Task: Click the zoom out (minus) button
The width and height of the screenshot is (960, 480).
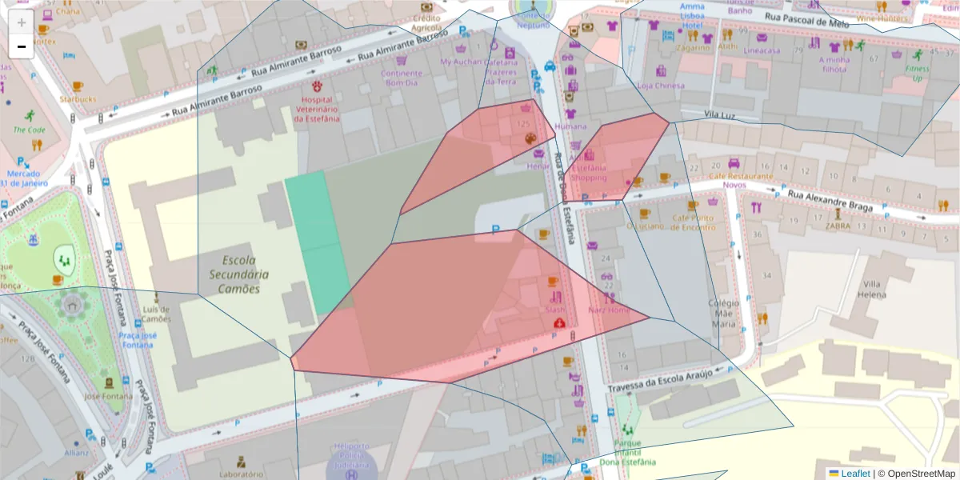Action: pyautogui.click(x=22, y=46)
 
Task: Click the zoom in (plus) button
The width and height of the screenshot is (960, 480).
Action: pyautogui.click(x=22, y=22)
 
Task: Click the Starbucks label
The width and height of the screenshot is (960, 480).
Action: pyautogui.click(x=78, y=99)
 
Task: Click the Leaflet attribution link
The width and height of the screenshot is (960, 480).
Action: pyautogui.click(x=854, y=473)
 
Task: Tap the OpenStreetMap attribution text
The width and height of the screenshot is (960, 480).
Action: pyautogui.click(x=916, y=473)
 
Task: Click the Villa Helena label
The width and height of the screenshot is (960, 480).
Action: pyautogui.click(x=873, y=289)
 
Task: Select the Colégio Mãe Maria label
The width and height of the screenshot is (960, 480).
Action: pyautogui.click(x=723, y=314)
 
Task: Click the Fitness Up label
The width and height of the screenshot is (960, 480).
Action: pyautogui.click(x=918, y=74)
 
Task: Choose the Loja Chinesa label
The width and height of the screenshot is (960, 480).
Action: pyautogui.click(x=661, y=86)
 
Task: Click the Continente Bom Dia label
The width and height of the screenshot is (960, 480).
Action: pyautogui.click(x=402, y=78)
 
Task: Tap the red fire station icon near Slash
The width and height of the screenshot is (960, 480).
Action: pyautogui.click(x=559, y=322)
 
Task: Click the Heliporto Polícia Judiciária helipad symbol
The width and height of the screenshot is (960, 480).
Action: pyautogui.click(x=350, y=473)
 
